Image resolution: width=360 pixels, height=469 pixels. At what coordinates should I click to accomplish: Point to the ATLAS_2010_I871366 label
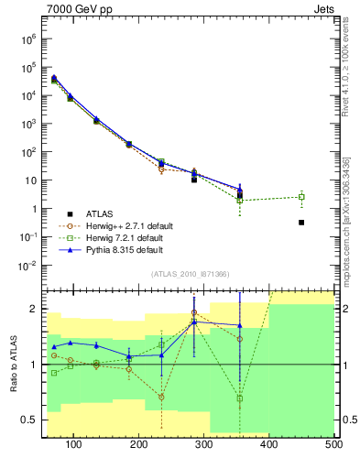(189, 275)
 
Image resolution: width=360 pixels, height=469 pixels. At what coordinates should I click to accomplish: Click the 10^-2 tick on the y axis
(28, 266)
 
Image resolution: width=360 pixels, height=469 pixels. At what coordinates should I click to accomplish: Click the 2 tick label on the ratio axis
(35, 309)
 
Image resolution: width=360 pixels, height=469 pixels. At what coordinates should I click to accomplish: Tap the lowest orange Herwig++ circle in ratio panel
(161, 397)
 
